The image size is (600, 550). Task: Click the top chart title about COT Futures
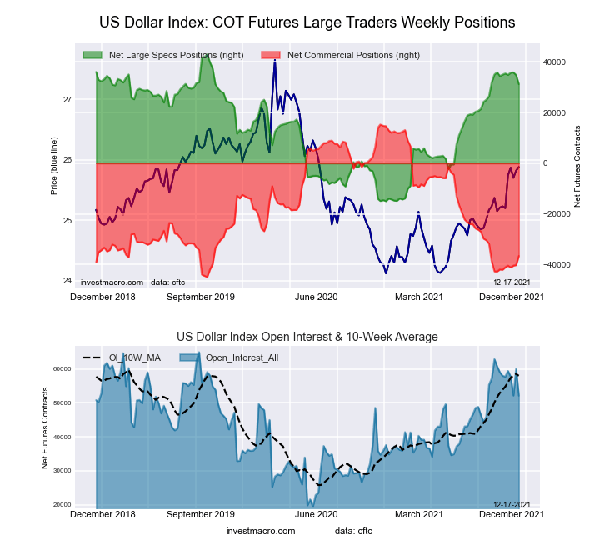click(x=307, y=22)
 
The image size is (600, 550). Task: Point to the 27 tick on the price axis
click(x=67, y=100)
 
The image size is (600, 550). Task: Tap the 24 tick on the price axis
click(x=67, y=281)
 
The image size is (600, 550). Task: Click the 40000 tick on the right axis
click(x=554, y=62)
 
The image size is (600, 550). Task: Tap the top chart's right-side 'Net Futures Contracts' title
click(x=577, y=167)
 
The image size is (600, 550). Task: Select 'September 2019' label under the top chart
click(x=201, y=296)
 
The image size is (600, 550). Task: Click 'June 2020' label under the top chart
click(x=317, y=296)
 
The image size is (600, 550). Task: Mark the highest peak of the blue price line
click(x=275, y=62)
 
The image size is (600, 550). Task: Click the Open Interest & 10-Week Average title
click(x=307, y=337)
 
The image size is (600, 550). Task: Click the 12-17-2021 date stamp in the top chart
click(x=512, y=282)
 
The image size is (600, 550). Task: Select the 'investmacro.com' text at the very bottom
click(x=261, y=531)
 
